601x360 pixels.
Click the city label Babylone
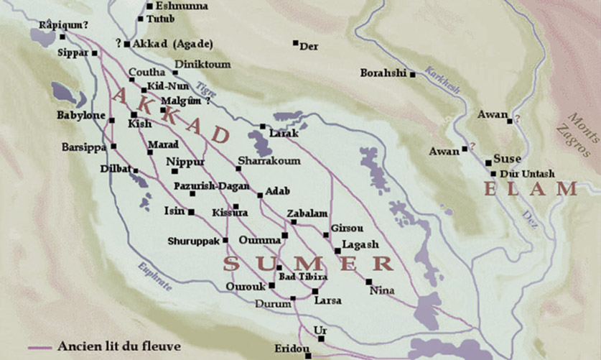(x=81, y=115)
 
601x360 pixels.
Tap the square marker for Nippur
(x=174, y=171)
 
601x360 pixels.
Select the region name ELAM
(x=531, y=190)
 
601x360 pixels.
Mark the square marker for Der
(x=295, y=43)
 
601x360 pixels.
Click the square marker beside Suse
(x=488, y=162)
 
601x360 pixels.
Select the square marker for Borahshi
(x=412, y=74)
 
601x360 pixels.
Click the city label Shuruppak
(x=193, y=241)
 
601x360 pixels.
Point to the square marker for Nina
(x=368, y=281)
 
